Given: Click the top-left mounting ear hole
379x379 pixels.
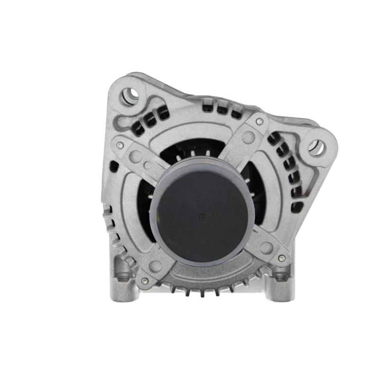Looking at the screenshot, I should click(130, 95).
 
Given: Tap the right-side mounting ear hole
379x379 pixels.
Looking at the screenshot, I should click(316, 147).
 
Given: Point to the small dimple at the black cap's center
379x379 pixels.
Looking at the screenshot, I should click(202, 217).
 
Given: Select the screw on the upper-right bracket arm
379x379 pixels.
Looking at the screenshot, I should click(259, 122).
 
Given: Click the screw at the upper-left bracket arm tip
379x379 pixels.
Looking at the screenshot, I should click(120, 145).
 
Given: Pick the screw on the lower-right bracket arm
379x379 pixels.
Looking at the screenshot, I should click(282, 258).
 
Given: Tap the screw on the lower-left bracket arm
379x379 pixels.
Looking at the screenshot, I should click(144, 280).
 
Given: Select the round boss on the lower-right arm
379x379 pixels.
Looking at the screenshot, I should click(266, 247).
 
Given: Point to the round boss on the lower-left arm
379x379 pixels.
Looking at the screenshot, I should click(155, 266).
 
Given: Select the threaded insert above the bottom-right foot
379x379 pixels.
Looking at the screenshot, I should click(281, 276).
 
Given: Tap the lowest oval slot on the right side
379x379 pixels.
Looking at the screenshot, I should click(298, 206).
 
